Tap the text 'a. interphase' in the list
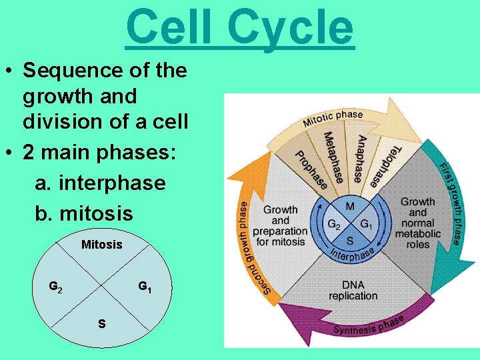[100, 183]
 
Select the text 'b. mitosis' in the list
[84, 213]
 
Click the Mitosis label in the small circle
[102, 245]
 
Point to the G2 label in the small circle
[57, 287]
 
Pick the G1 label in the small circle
[145, 287]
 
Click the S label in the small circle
[101, 324]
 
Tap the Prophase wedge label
[311, 167]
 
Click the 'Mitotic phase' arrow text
[333, 119]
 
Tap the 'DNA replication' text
[353, 290]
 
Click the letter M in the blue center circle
[350, 206]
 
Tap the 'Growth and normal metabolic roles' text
[418, 223]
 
